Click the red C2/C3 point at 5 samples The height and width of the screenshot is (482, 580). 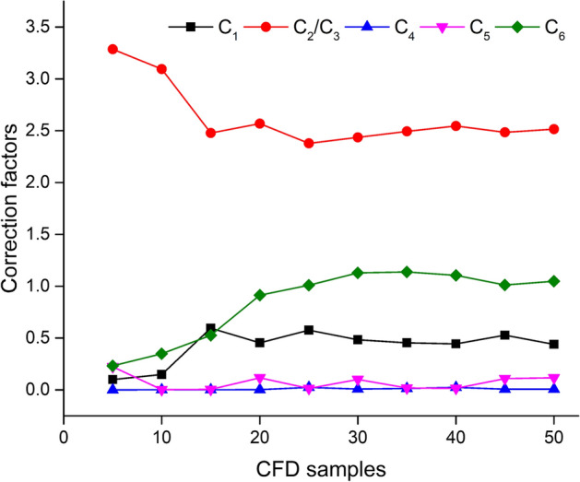(x=112, y=49)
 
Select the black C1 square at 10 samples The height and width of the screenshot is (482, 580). (x=161, y=374)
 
